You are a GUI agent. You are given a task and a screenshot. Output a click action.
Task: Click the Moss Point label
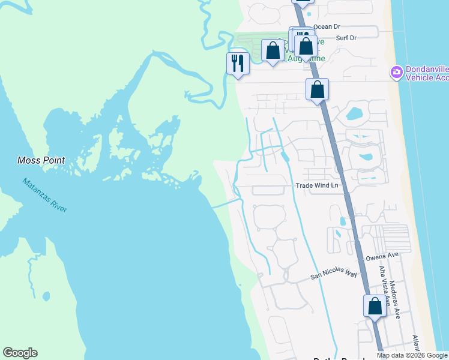click(x=41, y=160)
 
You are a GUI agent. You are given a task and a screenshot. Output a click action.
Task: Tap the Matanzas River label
click(x=45, y=194)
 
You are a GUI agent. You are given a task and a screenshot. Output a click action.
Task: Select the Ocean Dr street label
click(x=327, y=26)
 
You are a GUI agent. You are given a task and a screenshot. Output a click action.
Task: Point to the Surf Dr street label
click(x=346, y=38)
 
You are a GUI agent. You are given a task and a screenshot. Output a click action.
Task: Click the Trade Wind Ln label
click(x=318, y=185)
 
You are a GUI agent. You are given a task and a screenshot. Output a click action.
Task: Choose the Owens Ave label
click(x=382, y=257)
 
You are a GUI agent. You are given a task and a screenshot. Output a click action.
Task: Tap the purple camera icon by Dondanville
click(x=396, y=73)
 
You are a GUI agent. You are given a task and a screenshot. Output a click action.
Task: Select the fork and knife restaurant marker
click(x=238, y=63)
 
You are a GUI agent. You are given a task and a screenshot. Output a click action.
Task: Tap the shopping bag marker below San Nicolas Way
click(x=375, y=306)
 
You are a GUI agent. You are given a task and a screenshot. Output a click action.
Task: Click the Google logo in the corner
click(x=20, y=353)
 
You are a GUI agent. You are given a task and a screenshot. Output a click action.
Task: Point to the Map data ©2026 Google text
click(x=412, y=356)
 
